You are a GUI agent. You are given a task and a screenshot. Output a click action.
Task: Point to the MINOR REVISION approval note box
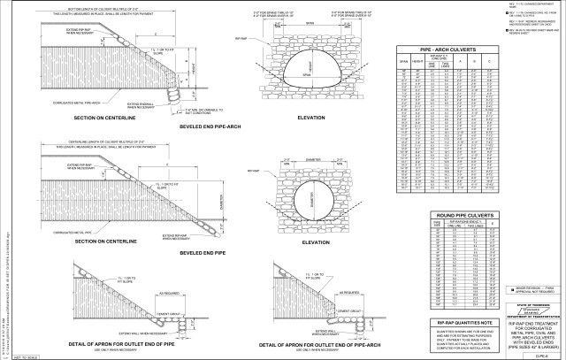pos(524,290)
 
